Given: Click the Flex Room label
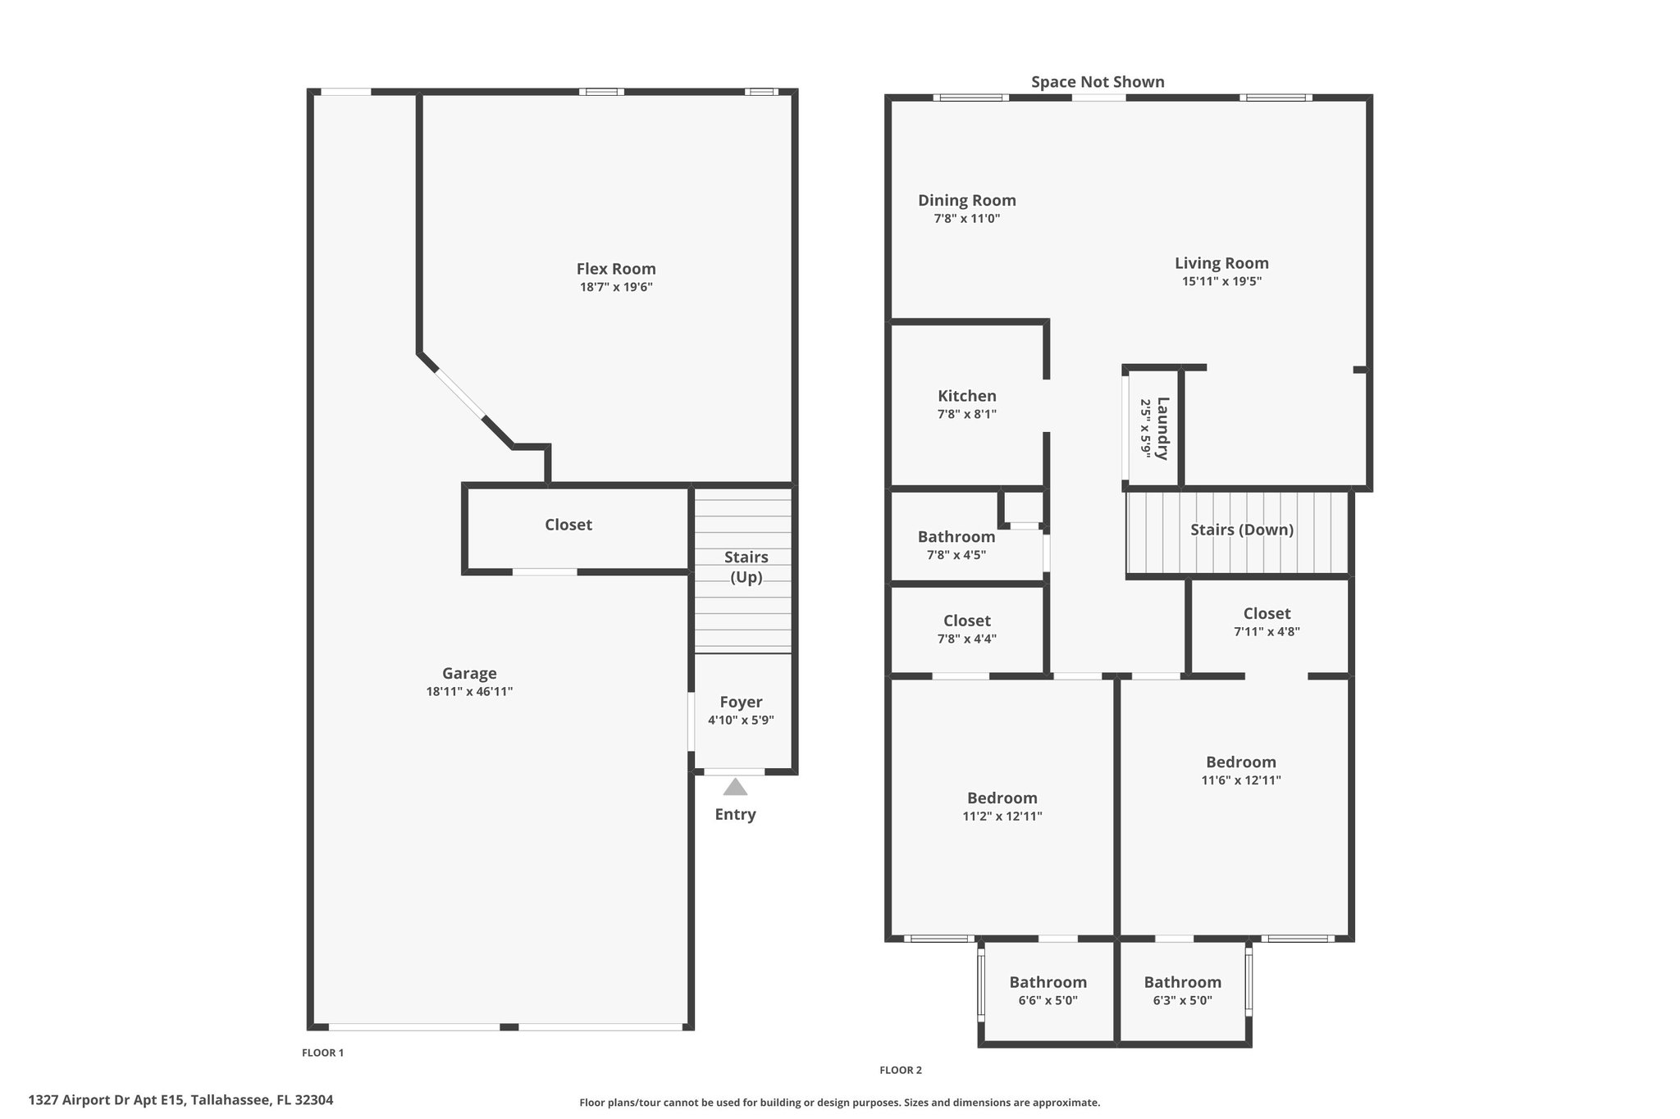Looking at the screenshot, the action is coord(616,269).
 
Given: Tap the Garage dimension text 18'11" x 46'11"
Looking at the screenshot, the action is coord(469,692).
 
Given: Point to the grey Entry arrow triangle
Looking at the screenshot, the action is coord(735,787).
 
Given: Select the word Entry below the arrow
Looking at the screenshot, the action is coord(735,815).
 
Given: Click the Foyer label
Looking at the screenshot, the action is coord(741,703).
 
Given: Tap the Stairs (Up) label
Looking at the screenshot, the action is coord(746,567).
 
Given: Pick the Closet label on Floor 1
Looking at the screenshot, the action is coord(568,525).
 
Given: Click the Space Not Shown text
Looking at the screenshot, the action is coord(1098,82).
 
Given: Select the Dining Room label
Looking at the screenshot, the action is coord(967,201).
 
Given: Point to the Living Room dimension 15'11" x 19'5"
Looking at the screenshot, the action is coord(1221,281).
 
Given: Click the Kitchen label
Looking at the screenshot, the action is coord(967,396).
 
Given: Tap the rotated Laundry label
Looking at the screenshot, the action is coord(1162,429).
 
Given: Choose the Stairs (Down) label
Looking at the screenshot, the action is coord(1242,530).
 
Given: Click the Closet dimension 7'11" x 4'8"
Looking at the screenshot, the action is coord(1267,632).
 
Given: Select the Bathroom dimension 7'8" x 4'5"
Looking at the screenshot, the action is coord(956,555).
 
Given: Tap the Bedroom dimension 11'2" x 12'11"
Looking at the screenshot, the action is coord(1002,817).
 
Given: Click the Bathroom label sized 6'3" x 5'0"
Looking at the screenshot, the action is coord(1182,982).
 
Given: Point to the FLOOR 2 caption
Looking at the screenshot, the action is coord(901,1070).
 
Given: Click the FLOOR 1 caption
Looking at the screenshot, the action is coord(323,1053).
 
